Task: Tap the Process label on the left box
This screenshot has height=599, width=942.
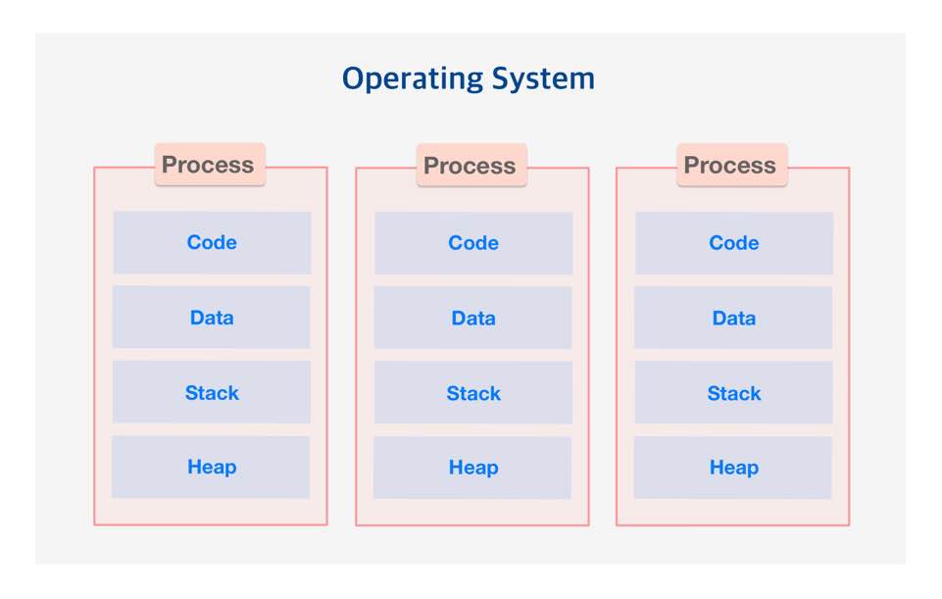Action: coord(208,165)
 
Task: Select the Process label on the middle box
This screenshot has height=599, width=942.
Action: coord(470,166)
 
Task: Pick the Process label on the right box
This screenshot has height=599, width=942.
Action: coord(730,166)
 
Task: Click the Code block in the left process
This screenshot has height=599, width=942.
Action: coord(212,242)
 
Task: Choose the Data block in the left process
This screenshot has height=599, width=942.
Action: coord(212,317)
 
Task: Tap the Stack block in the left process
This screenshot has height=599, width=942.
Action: coord(212,392)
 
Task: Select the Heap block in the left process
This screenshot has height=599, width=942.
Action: coord(212,467)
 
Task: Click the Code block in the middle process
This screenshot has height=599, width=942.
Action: coord(473,243)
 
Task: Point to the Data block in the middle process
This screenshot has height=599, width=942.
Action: coord(473,318)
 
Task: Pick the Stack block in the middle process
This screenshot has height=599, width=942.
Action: coord(473,393)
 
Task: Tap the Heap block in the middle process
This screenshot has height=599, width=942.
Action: coord(473,468)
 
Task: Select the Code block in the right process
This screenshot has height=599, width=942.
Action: coord(734,243)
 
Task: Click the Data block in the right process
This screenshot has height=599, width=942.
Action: coord(734,318)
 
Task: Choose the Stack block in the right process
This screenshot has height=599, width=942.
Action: coord(734,393)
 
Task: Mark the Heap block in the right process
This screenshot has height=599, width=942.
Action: coord(734,468)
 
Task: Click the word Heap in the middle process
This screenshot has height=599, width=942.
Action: coord(473,468)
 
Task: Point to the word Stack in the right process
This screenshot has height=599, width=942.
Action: coord(734,393)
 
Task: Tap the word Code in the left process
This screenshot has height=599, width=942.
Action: coord(212,242)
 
